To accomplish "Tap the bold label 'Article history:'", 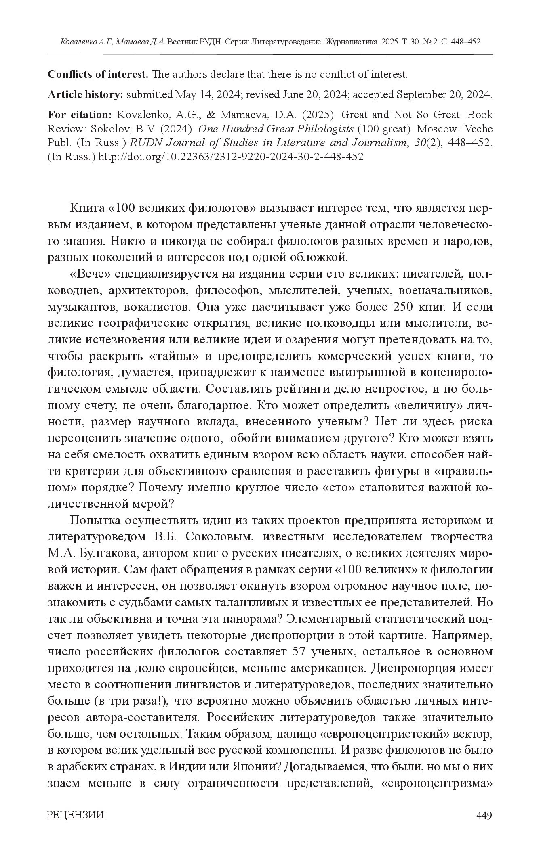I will pos(85,95).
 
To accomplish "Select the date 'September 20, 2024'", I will pos(444,95).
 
